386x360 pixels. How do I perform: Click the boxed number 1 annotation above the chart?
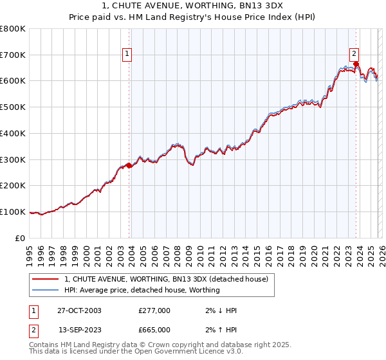click(x=127, y=54)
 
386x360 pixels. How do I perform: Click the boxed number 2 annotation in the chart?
click(x=354, y=54)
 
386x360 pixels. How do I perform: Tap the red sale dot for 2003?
click(x=129, y=165)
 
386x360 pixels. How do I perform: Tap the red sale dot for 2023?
click(x=356, y=64)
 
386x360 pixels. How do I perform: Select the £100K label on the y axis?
click(x=13, y=212)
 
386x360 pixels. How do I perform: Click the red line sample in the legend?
click(x=46, y=279)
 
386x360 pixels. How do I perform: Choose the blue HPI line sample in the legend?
click(x=46, y=290)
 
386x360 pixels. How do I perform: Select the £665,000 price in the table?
click(x=154, y=330)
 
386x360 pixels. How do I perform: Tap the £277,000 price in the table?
click(x=154, y=310)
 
